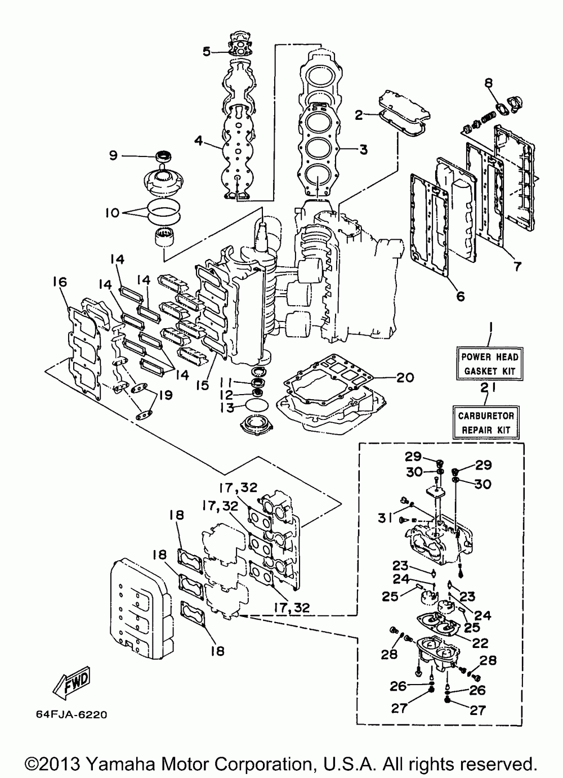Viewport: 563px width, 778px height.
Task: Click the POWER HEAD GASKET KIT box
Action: coord(489,364)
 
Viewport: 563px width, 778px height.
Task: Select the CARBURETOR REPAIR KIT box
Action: coord(486,422)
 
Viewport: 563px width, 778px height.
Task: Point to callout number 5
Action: coord(207,52)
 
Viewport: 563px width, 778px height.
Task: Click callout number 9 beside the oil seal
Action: coord(114,155)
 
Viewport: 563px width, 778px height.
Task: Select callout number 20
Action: coord(405,377)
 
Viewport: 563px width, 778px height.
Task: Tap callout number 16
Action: coord(60,281)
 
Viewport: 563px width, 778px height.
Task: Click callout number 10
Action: coord(113,213)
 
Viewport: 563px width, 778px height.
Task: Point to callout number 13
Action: coord(227,408)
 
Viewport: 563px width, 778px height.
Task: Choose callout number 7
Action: coord(517,266)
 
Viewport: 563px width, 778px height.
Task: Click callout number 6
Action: coord(460,296)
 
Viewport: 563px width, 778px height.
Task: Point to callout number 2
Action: coord(359,114)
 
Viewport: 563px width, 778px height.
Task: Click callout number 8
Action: coord(489,83)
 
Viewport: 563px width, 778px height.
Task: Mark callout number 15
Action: coord(203,385)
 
